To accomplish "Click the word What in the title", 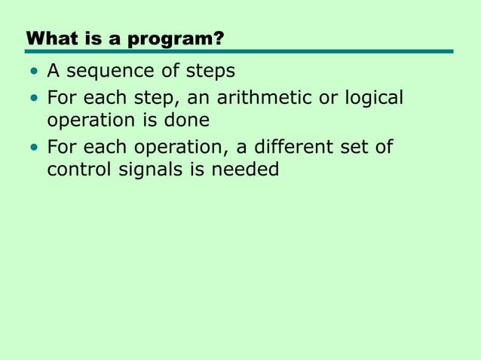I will [47, 38].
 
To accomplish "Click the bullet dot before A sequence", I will [34, 72].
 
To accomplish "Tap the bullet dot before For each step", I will [34, 99].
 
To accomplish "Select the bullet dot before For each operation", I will [34, 147].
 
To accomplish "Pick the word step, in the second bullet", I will [155, 99].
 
